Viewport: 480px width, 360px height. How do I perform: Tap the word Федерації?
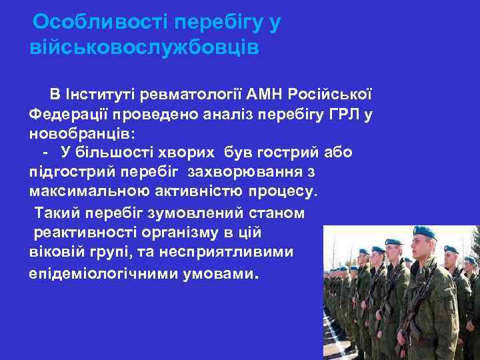(x=67, y=114)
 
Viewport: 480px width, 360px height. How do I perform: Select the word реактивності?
(x=86, y=233)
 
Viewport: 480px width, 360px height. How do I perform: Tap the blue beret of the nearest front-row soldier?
(x=423, y=233)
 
